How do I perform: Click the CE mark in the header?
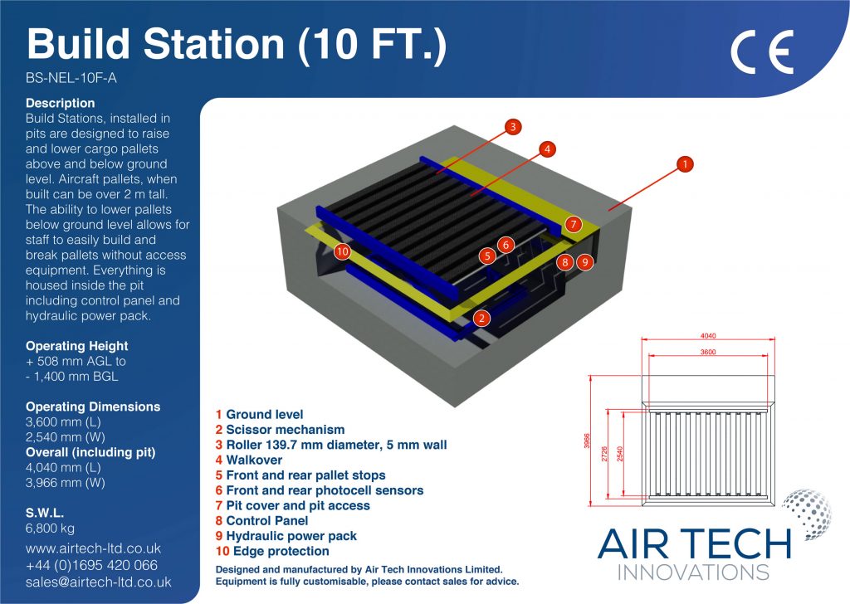762,51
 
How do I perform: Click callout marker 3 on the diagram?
513,127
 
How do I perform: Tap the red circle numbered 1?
685,163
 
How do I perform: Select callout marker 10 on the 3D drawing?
342,251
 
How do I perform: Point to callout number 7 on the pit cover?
573,224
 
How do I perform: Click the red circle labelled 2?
481,318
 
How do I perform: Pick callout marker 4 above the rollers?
548,149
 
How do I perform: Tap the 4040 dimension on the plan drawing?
708,336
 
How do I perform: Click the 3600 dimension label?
708,352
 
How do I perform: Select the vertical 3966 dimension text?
587,441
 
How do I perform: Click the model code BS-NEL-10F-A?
71,78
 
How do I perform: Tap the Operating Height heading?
77,346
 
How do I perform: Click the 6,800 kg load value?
51,528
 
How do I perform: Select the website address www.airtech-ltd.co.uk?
93,548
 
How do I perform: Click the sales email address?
98,582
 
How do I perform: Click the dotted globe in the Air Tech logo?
807,514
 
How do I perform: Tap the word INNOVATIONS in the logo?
693,572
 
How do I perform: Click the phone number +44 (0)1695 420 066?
91,565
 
